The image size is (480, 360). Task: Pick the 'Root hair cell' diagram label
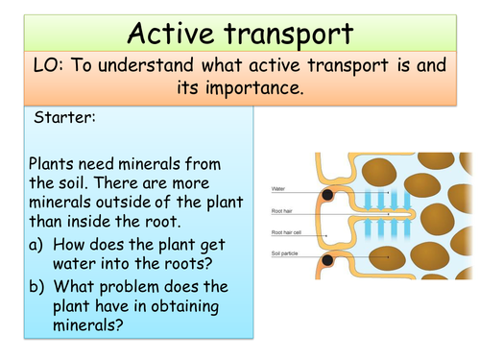click(x=290, y=231)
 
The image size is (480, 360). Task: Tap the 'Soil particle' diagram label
click(x=289, y=253)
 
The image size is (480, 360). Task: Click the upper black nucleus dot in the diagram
click(x=329, y=195)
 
